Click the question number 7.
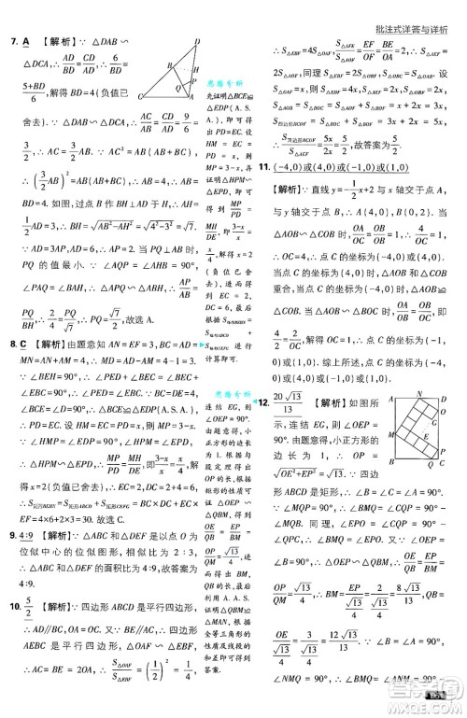point(12,40)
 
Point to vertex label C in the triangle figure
point(140,96)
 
